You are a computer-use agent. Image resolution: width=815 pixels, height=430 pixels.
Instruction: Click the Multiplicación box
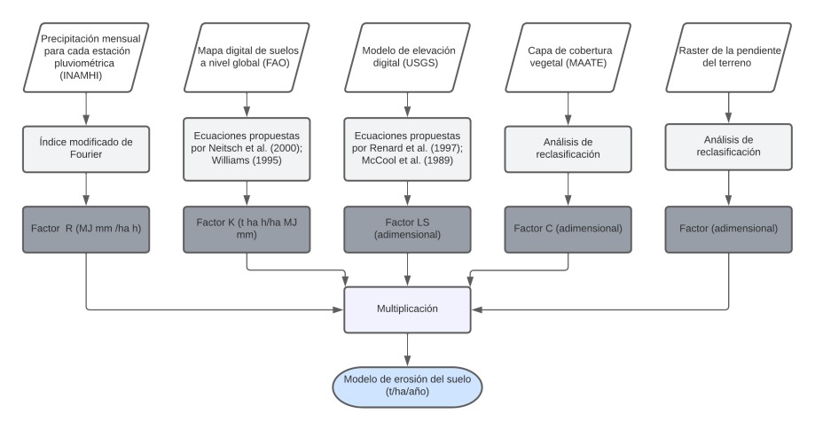[x=407, y=310]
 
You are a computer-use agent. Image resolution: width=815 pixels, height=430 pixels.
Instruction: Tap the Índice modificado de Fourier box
[x=86, y=146]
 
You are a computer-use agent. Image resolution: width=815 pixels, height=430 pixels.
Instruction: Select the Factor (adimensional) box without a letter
[x=728, y=229]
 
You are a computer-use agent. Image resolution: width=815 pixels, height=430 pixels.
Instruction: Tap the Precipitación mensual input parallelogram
[x=86, y=57]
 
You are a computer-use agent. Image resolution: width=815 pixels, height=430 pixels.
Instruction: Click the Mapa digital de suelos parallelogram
[x=246, y=57]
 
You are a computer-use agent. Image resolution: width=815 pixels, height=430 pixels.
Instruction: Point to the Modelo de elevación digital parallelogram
[x=407, y=57]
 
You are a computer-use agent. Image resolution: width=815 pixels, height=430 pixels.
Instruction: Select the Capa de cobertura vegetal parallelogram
[x=568, y=57]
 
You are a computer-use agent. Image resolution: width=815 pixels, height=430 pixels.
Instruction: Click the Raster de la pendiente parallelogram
[x=728, y=57]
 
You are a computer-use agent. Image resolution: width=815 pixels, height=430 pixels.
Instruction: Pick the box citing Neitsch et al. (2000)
[x=246, y=146]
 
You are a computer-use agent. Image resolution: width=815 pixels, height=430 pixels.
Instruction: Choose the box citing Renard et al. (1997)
[x=407, y=146]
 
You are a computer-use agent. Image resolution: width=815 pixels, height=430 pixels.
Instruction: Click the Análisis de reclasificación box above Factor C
[x=568, y=146]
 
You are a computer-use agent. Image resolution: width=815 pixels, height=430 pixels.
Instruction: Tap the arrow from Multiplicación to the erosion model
[x=407, y=349]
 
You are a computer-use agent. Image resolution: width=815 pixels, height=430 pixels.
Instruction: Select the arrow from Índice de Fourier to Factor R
[x=86, y=188]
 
